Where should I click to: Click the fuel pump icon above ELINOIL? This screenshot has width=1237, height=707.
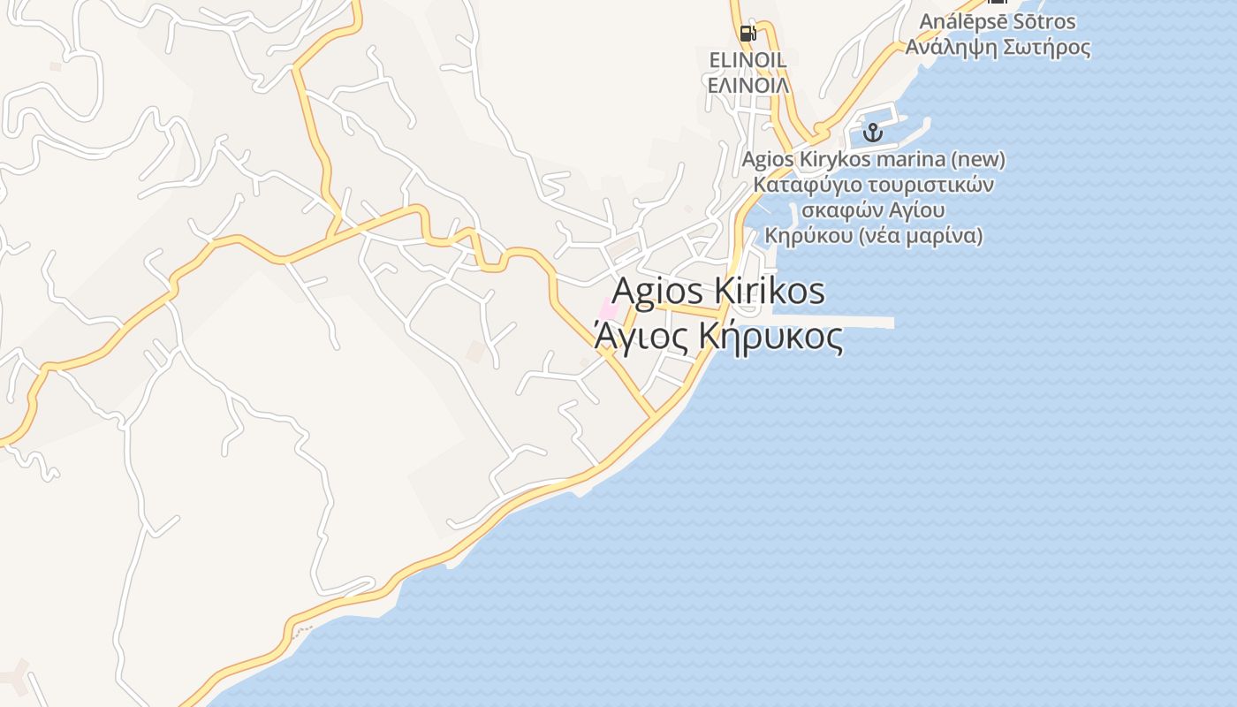click(748, 34)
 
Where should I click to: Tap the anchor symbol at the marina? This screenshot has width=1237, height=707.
click(873, 133)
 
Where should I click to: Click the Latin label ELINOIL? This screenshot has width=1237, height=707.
click(748, 60)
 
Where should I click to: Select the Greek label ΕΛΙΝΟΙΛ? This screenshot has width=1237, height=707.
click(748, 85)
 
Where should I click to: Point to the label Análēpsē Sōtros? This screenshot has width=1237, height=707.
click(998, 21)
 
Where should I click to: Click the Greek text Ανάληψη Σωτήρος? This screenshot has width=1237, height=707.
click(998, 47)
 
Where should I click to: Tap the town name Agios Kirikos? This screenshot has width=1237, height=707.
click(718, 291)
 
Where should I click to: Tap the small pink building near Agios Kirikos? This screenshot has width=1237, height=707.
click(609, 310)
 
